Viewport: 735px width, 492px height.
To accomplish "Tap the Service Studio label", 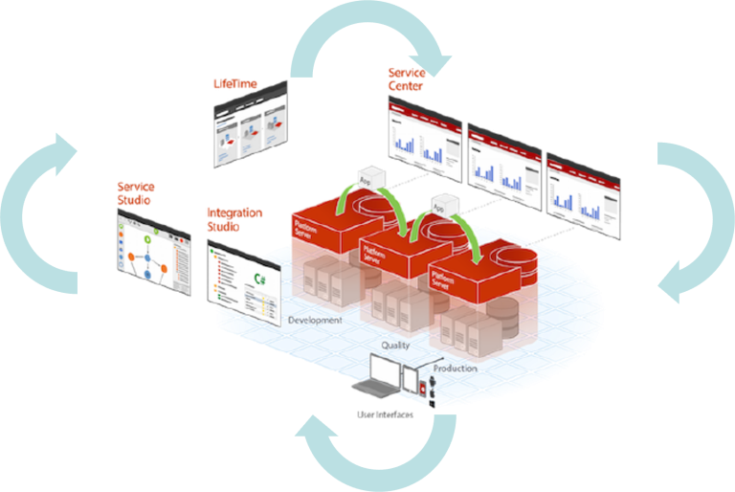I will point(135,191).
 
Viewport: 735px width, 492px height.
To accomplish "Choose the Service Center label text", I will point(406,78).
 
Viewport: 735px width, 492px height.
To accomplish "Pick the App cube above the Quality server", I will point(441,205).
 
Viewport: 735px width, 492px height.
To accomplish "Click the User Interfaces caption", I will point(386,414).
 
